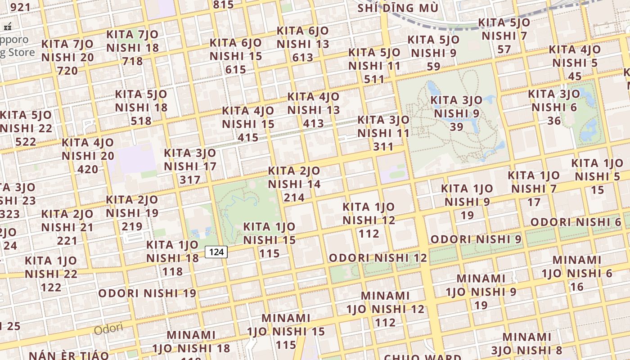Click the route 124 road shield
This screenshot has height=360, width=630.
tap(216, 252)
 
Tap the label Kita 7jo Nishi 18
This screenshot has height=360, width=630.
tap(133, 47)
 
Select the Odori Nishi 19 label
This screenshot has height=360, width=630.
tap(147, 293)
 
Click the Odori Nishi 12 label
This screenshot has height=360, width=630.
tap(378, 258)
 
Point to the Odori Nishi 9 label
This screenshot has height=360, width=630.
tap(476, 239)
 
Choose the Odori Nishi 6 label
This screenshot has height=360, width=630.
tap(576, 222)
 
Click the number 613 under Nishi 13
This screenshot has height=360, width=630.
tap(302, 58)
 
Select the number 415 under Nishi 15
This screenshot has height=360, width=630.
tap(248, 137)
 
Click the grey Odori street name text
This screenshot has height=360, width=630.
tap(108, 328)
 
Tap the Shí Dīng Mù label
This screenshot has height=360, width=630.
tap(398, 8)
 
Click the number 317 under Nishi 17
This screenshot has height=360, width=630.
tap(190, 180)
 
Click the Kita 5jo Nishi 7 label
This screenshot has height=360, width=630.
tap(504, 29)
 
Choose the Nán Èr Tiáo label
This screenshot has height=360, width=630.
tap(69, 355)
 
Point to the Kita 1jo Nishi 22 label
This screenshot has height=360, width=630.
tap(51, 267)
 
